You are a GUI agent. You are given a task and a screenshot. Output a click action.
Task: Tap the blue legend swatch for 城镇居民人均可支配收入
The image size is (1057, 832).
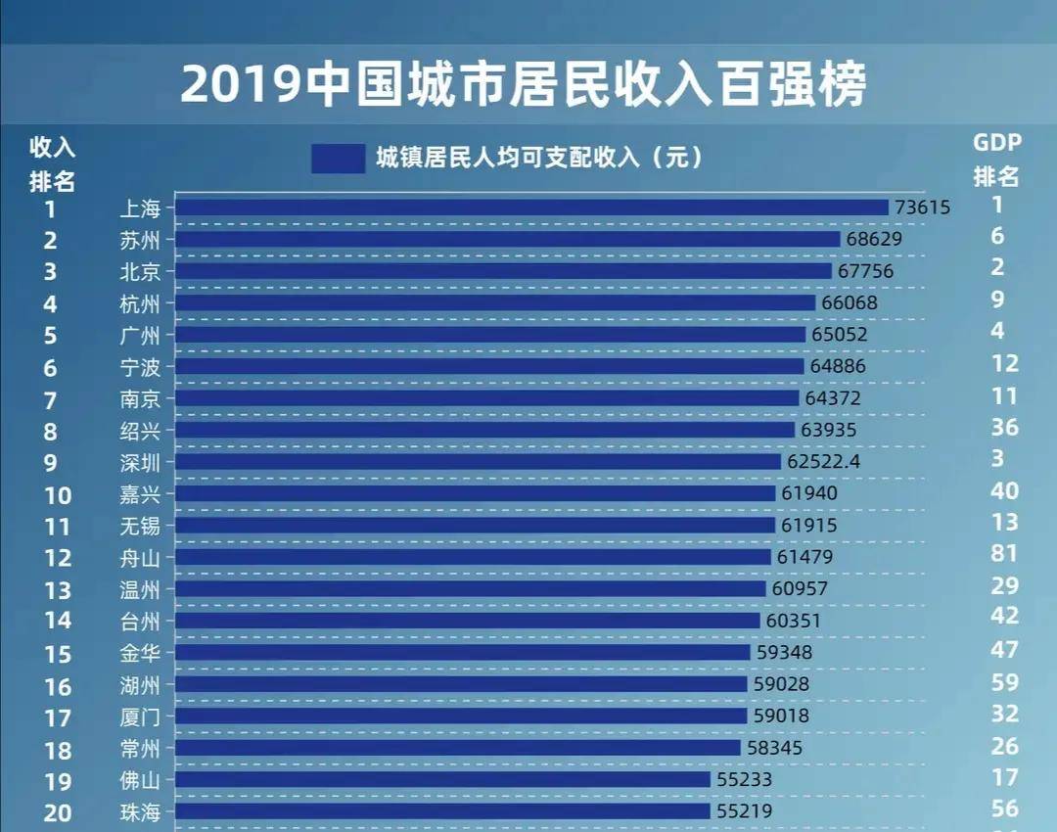point(338,159)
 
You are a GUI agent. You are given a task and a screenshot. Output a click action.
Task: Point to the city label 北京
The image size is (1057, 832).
point(140,271)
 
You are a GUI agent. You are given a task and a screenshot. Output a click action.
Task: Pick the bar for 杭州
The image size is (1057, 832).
point(495,303)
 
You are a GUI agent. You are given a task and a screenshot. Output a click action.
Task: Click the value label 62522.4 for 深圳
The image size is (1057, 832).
point(822,461)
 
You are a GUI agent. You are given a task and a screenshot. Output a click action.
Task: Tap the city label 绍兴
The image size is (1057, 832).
point(140,430)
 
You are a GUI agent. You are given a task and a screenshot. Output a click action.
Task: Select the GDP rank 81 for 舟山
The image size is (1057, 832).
point(1003,554)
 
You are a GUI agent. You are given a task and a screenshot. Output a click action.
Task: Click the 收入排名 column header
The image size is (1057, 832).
point(52,163)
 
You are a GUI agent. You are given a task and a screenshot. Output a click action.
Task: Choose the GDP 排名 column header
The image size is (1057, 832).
point(996,160)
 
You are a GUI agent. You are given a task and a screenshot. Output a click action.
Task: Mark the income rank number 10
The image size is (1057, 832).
point(58,495)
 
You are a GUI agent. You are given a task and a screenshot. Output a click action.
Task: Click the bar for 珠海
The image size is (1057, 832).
point(442,811)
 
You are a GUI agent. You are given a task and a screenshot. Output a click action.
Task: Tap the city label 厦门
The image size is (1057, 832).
point(140,716)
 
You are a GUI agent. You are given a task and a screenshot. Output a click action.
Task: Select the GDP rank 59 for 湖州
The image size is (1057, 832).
point(1004,682)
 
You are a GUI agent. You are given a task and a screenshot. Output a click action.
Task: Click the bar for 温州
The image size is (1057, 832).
point(471,589)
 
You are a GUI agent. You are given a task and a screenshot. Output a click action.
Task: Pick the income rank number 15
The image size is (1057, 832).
point(58,654)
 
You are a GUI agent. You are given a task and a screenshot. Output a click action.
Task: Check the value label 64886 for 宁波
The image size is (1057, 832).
point(837,366)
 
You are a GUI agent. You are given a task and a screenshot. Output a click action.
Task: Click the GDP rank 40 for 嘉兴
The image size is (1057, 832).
point(1004,491)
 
